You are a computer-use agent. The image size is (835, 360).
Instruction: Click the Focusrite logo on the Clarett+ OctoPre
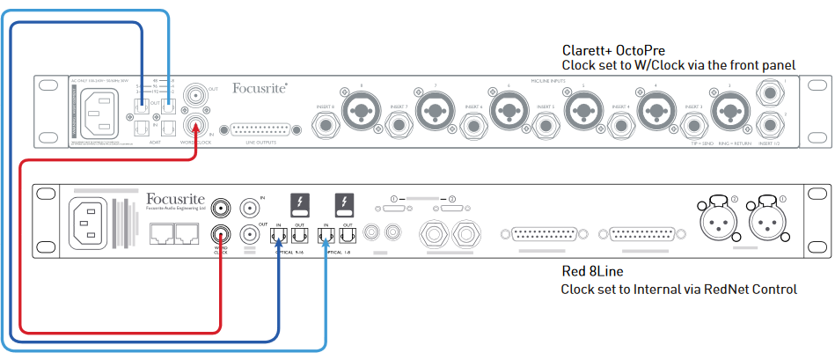(260, 88)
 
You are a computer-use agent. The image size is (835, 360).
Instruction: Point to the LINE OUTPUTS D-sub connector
(261, 129)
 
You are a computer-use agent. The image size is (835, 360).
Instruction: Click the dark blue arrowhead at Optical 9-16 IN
(280, 246)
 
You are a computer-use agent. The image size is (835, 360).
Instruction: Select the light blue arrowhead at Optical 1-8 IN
(326, 246)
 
